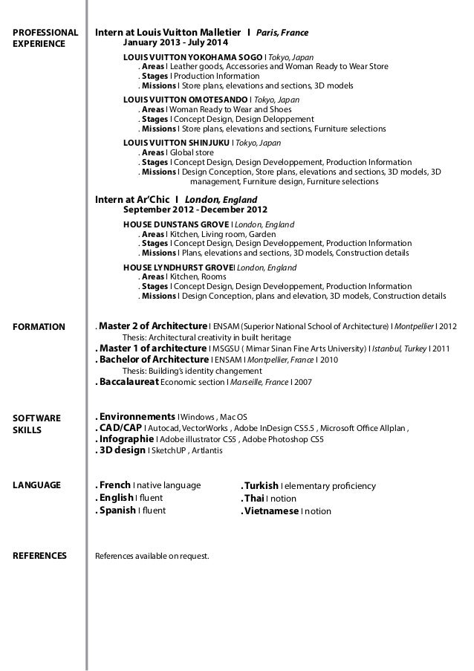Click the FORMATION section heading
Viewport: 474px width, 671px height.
point(39,326)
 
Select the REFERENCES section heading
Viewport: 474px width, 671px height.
point(40,555)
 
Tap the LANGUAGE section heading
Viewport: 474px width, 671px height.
point(37,485)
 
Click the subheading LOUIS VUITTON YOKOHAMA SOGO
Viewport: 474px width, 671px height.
point(187,56)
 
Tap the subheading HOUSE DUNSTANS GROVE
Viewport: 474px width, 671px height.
point(176,223)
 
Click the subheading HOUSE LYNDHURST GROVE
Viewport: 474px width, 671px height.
point(178,267)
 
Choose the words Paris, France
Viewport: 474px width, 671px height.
point(282,33)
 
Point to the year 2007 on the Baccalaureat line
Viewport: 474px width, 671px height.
point(302,382)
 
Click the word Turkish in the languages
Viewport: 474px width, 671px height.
point(259,486)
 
